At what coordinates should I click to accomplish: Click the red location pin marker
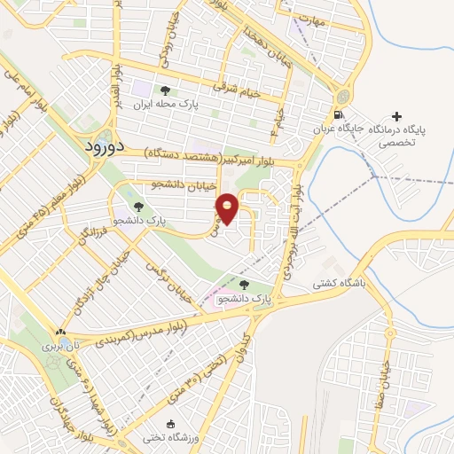(x=227, y=208)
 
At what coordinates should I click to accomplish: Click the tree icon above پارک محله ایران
(x=164, y=90)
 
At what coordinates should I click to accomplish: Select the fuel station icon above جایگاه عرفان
(x=338, y=115)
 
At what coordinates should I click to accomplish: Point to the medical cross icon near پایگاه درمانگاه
(x=395, y=116)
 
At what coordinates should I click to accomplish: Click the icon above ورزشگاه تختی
(x=170, y=422)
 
